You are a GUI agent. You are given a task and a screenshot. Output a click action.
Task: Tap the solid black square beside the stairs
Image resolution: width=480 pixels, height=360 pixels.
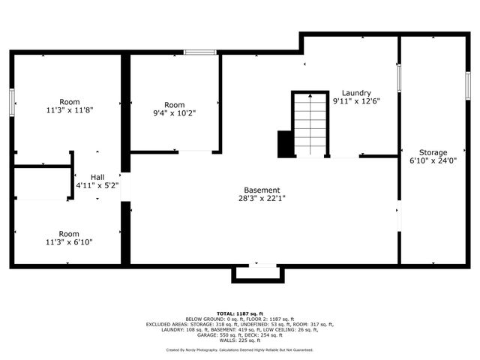click(285, 143)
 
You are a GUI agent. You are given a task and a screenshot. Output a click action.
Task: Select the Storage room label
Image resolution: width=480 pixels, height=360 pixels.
click(433, 152)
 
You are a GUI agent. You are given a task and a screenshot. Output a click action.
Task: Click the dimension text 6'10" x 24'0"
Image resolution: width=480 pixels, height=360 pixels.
click(433, 160)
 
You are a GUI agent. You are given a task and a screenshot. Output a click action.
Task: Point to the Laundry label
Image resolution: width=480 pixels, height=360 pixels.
click(356, 93)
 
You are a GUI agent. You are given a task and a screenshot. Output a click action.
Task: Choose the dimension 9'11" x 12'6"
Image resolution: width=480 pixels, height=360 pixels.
click(356, 101)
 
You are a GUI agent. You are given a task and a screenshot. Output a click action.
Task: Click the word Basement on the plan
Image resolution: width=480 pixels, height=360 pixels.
click(262, 190)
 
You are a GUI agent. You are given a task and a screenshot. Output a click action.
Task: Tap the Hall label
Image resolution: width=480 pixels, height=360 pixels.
click(97, 176)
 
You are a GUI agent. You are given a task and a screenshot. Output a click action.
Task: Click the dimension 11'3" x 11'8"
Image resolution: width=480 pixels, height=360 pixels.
click(70, 109)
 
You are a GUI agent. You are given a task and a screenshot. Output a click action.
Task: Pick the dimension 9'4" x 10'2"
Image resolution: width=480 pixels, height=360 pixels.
click(174, 113)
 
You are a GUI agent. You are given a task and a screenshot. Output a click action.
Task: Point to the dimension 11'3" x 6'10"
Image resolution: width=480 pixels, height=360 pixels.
click(70, 242)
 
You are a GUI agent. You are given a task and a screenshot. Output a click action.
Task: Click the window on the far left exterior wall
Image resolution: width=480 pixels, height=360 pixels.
click(12, 102)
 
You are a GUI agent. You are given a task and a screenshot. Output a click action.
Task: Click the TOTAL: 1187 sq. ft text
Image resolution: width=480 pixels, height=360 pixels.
click(239, 313)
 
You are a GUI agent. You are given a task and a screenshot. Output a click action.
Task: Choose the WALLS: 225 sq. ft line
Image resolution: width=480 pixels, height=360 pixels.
click(239, 339)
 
